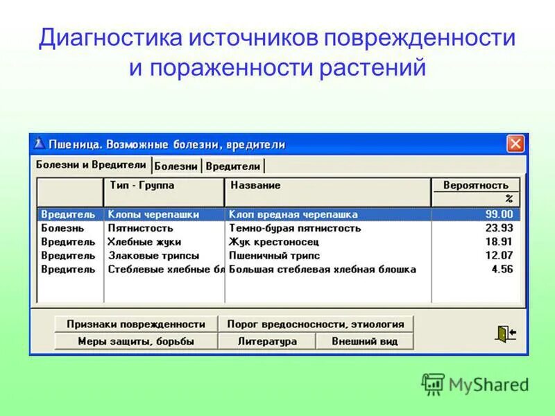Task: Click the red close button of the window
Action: pos(515,144)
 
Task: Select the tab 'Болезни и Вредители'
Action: pos(91,165)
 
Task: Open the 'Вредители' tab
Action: pos(233,166)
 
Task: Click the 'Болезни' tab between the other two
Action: pos(176,166)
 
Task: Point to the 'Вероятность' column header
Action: pos(476,186)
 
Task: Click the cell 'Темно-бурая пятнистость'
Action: pos(295,228)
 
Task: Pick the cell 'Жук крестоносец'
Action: pos(273,242)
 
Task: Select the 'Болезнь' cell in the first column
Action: pos(62,228)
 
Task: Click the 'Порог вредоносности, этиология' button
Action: pos(315,324)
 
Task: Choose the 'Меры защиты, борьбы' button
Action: pos(136,341)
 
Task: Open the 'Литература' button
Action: pos(267,341)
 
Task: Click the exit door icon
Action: pos(505,333)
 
